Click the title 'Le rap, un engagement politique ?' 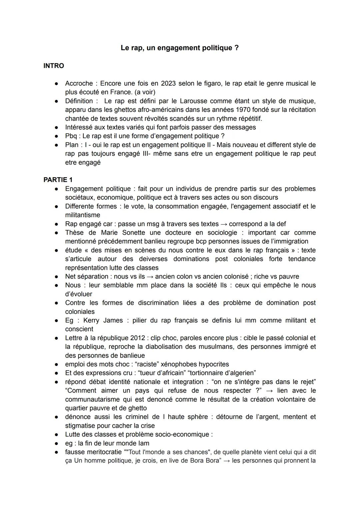[180, 48]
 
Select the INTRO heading [54, 66]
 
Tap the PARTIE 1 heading [58, 180]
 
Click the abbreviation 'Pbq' [71, 136]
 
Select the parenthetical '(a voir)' [145, 92]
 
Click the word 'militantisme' [83, 215]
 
